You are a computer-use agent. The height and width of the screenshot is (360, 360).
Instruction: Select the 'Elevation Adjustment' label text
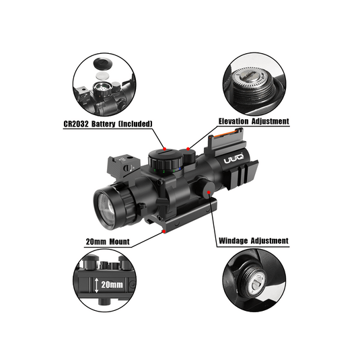(253, 122)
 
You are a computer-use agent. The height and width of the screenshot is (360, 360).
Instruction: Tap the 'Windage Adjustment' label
(253, 240)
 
